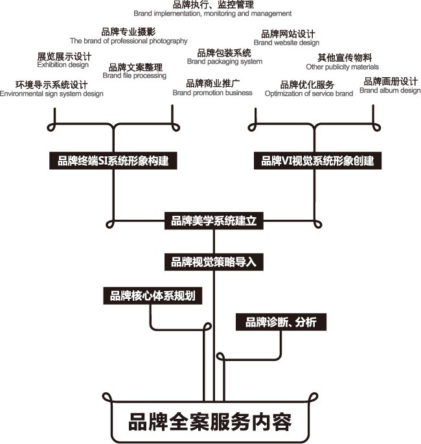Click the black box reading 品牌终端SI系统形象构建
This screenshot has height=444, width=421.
(113, 161)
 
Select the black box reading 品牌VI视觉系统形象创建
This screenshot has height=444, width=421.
(317, 161)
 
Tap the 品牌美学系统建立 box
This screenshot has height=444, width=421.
(214, 220)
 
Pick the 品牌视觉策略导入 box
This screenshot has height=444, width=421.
(214, 262)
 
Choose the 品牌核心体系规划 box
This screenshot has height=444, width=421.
(152, 296)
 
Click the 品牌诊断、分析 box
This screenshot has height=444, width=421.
(281, 322)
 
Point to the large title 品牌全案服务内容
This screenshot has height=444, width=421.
(210, 422)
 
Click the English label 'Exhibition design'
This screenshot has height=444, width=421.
(63, 65)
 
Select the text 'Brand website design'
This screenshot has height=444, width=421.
(287, 43)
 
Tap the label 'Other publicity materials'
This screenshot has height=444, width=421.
(343, 67)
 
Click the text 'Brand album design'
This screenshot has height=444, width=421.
(390, 91)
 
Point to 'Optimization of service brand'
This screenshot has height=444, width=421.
(309, 93)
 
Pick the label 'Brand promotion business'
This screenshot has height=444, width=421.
(212, 93)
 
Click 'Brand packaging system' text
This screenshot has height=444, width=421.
(225, 62)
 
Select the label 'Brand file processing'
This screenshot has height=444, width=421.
(134, 76)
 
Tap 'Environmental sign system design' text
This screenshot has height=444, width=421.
(52, 94)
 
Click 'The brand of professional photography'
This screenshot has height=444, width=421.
(129, 41)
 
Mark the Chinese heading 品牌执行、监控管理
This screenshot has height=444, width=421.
(213, 5)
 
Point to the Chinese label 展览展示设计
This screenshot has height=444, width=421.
(64, 56)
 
